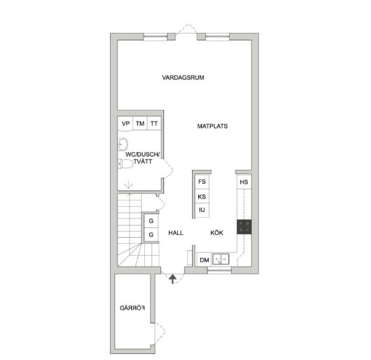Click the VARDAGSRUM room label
(x=183, y=78)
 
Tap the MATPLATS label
(x=213, y=126)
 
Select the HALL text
(x=176, y=233)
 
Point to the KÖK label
(x=216, y=233)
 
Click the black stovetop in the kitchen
(x=244, y=227)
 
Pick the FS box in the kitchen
(x=202, y=181)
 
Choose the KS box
(x=202, y=196)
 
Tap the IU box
(x=202, y=210)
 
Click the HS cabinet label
(x=244, y=182)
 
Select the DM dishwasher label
(x=204, y=260)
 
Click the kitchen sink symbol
(x=221, y=259)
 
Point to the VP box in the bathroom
(x=126, y=124)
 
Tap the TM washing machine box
(x=140, y=124)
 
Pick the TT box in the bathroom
(x=154, y=124)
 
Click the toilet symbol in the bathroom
(x=126, y=164)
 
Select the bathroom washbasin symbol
(x=122, y=145)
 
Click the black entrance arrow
(x=173, y=279)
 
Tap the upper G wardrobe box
(x=151, y=221)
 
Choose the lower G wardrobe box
(x=151, y=235)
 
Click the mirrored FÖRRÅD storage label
(x=132, y=308)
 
